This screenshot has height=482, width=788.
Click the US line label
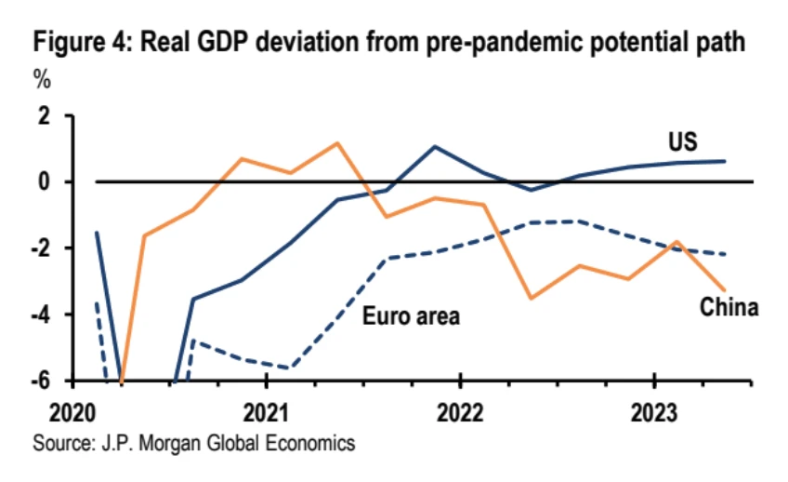[x=682, y=142]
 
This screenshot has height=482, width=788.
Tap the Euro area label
[x=411, y=317]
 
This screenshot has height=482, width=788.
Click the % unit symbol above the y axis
[x=43, y=79]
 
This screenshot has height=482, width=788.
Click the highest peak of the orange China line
[x=336, y=143]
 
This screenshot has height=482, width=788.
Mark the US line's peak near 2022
[x=434, y=146]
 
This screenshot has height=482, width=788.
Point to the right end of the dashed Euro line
[x=725, y=254]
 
